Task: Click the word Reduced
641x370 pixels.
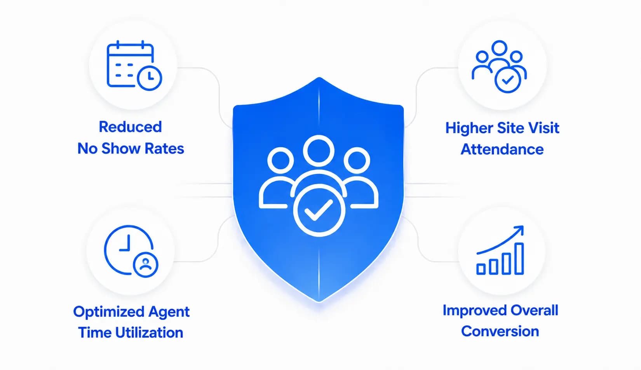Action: coord(131,127)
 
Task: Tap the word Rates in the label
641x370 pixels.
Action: coord(164,149)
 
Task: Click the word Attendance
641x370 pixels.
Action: coord(502,149)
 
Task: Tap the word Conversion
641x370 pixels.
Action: coord(500,332)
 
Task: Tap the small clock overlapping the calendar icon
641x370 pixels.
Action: coord(150,78)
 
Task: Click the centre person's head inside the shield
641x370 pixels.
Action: coord(319,151)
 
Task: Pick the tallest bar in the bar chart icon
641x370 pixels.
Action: coord(519,259)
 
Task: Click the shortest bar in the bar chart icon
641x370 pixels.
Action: coord(481,269)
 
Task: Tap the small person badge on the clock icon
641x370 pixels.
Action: coord(146,265)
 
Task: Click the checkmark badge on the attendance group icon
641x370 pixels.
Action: coord(508,80)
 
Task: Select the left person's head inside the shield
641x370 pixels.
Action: coord(280,160)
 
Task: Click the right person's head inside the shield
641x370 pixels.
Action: coord(357,160)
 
